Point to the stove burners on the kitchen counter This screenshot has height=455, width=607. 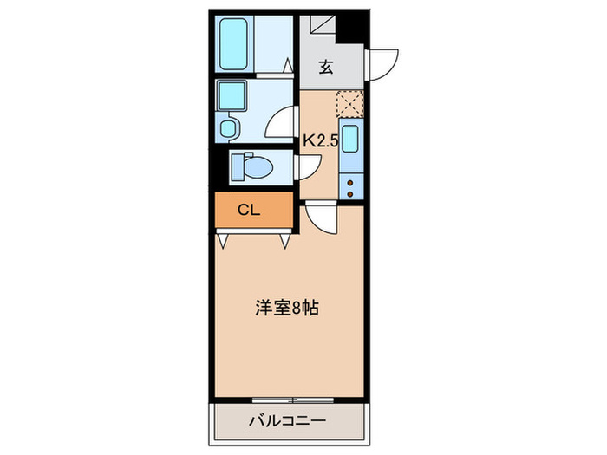[x=350, y=187]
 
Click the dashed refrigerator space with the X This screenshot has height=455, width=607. [x=349, y=104]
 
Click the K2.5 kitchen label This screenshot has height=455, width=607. [x=318, y=139]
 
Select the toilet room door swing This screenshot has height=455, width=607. [x=306, y=166]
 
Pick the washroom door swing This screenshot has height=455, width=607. [x=282, y=121]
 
